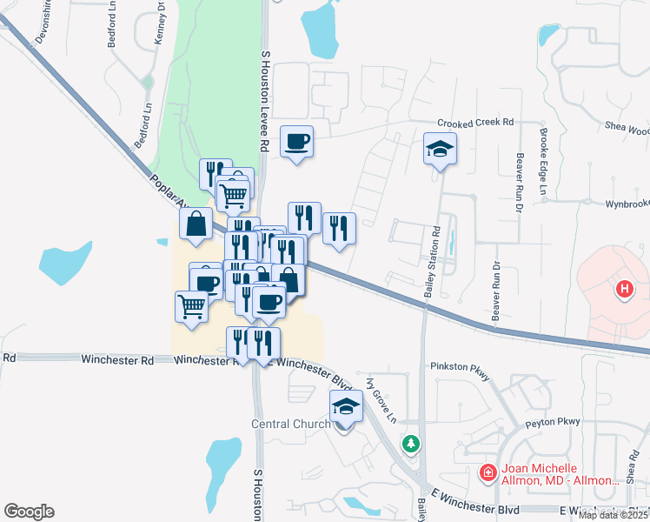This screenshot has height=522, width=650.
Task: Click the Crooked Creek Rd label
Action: [x=476, y=123]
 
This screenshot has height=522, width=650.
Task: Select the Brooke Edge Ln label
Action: [x=543, y=163]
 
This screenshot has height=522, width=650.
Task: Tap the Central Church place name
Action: [x=290, y=425]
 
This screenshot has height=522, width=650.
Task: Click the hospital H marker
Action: [x=623, y=289]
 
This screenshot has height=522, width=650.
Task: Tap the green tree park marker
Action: [x=410, y=444]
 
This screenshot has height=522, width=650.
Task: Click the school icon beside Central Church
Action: [x=345, y=405]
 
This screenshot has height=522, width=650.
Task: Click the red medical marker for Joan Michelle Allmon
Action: [x=488, y=472]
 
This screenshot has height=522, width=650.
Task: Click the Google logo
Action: [x=29, y=512]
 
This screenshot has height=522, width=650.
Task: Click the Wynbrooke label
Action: [x=627, y=204]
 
